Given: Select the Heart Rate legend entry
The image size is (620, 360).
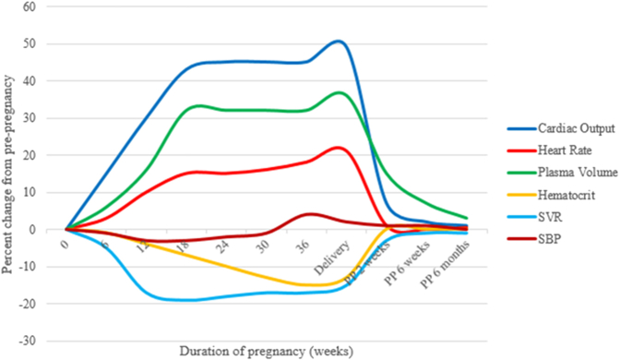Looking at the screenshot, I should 554,149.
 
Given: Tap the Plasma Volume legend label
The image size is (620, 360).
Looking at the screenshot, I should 561,171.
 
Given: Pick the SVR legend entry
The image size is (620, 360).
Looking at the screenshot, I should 542,215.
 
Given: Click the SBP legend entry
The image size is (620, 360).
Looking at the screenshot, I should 542,237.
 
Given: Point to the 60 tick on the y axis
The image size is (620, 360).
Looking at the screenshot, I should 42,6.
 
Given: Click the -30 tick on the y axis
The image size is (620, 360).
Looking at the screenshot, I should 41,341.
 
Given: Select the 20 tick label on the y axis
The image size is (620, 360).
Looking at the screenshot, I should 42,155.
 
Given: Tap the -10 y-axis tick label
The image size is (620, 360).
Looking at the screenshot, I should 41,267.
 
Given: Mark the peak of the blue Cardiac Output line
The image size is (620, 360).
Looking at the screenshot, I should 339,41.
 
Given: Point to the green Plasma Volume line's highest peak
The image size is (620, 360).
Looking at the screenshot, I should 340,92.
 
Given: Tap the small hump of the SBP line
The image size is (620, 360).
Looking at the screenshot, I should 310,214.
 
